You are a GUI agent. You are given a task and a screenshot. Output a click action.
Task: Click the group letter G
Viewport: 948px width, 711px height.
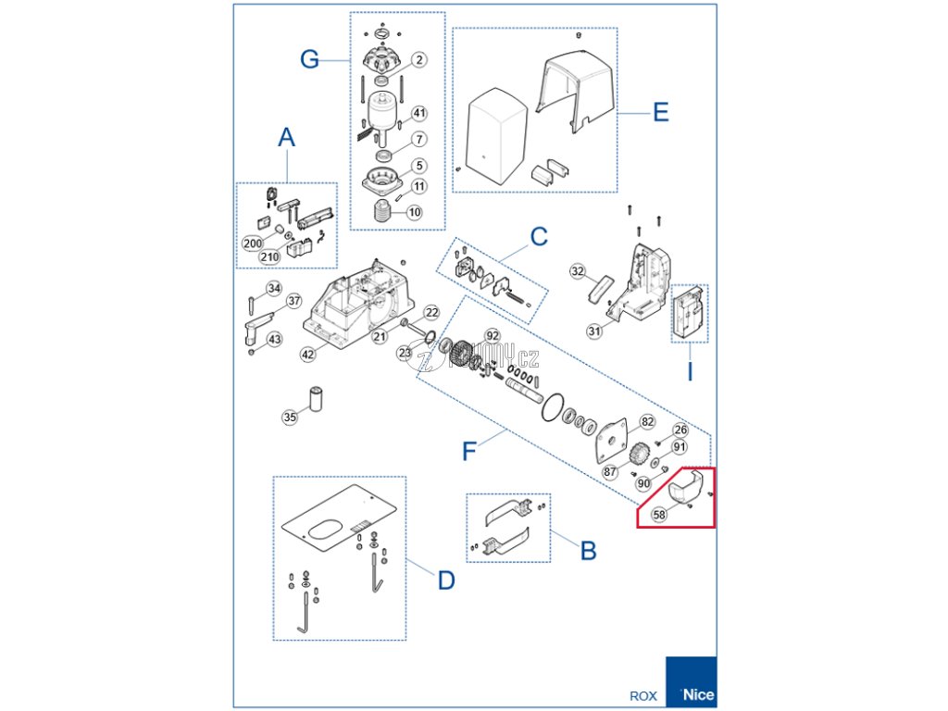[x=310, y=59]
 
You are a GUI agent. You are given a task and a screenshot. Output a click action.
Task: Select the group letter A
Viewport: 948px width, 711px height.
[x=287, y=138]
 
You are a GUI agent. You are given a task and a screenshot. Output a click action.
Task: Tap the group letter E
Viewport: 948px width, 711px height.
[x=660, y=113]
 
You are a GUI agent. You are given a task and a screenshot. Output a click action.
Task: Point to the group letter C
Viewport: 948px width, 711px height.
[x=540, y=237]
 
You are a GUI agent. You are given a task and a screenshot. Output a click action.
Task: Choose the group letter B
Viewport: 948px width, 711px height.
[x=588, y=551]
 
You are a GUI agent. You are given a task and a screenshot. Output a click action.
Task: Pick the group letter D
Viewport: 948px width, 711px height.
[x=446, y=580]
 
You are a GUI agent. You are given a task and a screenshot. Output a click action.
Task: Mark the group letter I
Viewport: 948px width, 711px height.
[x=690, y=374]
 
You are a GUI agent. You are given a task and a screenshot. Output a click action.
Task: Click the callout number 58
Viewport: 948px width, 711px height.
[x=659, y=514]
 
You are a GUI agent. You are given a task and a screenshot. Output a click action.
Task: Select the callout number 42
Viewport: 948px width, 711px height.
[x=307, y=354]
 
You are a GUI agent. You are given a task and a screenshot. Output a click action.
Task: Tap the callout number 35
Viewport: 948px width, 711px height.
[x=291, y=418]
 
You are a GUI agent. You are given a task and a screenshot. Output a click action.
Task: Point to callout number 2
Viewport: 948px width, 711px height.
[x=418, y=60]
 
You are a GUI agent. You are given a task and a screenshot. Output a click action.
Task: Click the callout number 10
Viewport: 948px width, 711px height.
[x=414, y=212]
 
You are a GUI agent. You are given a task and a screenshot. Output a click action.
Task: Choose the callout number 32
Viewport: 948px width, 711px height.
[x=578, y=272]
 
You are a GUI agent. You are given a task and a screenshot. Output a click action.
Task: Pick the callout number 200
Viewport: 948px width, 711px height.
[x=253, y=243]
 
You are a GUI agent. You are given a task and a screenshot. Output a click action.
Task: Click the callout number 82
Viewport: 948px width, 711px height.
[x=647, y=422]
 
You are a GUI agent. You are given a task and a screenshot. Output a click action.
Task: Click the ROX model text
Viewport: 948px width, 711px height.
[x=643, y=696]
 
